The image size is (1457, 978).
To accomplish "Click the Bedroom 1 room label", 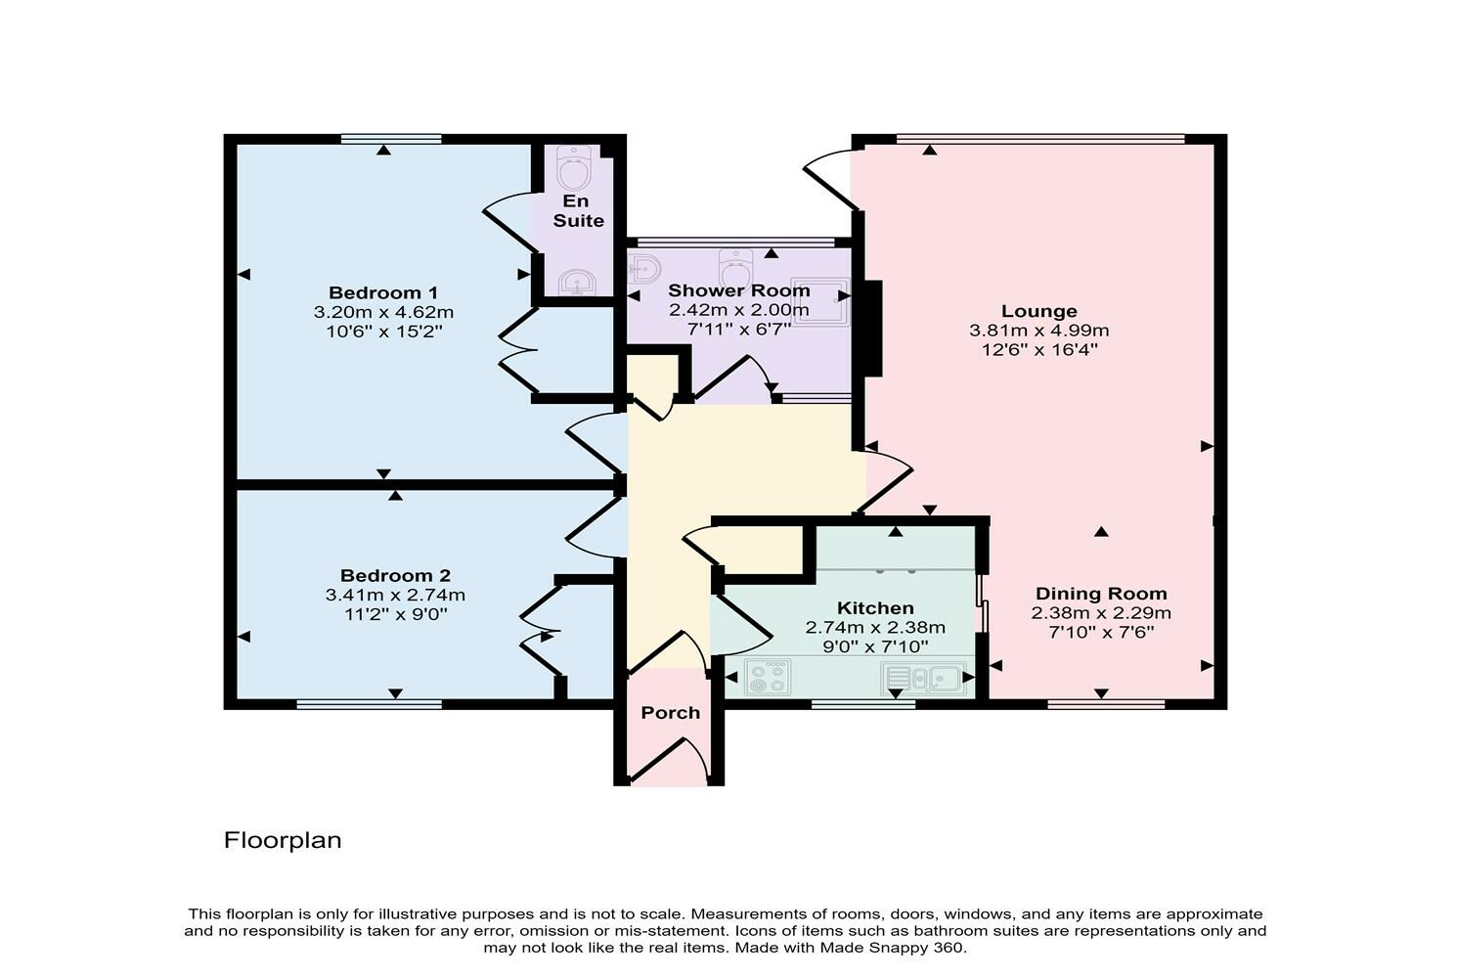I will tap(382, 292).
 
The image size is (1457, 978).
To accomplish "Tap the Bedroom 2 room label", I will tap(395, 576).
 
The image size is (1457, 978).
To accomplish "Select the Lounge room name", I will tap(1038, 311).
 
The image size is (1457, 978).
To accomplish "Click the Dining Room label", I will tap(1101, 594).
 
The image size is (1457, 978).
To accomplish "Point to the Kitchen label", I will tap(875, 608).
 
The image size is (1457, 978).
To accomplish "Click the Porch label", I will tap(670, 713).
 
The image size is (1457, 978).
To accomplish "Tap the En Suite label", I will tap(578, 211).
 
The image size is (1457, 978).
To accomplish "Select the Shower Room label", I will tap(738, 290).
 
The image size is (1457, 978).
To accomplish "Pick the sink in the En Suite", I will tap(577, 284).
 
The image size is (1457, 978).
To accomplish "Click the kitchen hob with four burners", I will tap(769, 677).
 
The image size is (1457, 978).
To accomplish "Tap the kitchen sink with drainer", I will tap(924, 677).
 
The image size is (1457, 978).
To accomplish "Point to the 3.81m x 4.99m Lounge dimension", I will tap(1038, 331).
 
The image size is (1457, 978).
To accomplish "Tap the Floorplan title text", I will tap(283, 840).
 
